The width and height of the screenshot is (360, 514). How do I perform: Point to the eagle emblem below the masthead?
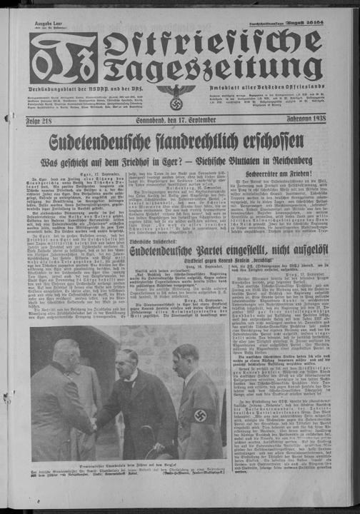click(176, 95)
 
